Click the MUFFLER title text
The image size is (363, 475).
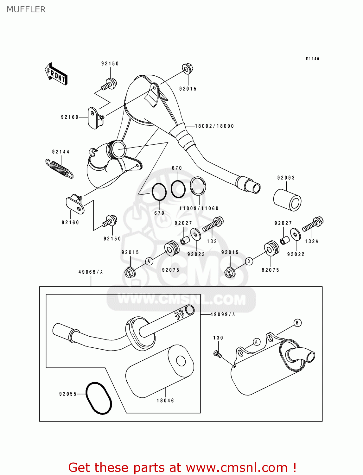tap(26, 9)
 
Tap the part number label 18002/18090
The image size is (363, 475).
tap(214, 126)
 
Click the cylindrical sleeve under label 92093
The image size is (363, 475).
tap(287, 200)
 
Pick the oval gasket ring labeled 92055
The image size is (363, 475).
tap(99, 398)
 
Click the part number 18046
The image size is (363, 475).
tap(165, 401)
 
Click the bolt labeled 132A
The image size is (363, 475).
tap(313, 224)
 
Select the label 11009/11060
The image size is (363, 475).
tap(199, 208)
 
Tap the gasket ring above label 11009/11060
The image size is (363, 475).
tap(198, 186)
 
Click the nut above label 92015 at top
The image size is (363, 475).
tap(188, 69)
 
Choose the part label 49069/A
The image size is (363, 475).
tap(91, 272)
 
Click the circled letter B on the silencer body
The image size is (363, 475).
tap(297, 323)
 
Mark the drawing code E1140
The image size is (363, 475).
tap(312, 59)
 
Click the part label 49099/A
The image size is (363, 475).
tap(223, 314)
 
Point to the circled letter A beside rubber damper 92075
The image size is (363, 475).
tap(149, 261)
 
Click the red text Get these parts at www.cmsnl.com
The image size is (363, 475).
tap(182, 467)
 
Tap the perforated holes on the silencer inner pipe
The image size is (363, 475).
tap(179, 314)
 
